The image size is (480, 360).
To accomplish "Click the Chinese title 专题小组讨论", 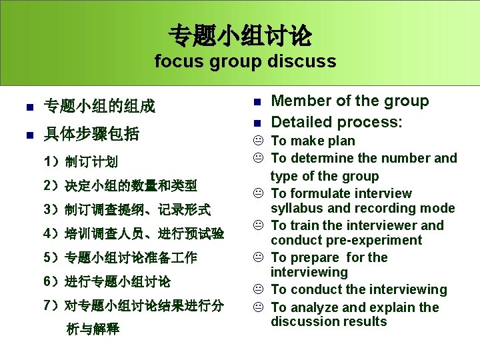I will click(x=240, y=35).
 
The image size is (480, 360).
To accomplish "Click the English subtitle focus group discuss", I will click(x=245, y=62).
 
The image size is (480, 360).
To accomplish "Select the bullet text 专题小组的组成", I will click(x=99, y=106).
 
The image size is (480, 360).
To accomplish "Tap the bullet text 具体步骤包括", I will click(x=91, y=134).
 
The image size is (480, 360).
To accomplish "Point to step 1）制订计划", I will click(x=81, y=161).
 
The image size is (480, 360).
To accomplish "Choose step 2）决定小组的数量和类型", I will click(x=120, y=185).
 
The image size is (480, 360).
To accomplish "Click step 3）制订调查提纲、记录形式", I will click(x=127, y=210).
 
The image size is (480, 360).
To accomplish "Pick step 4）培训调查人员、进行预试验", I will click(x=133, y=234).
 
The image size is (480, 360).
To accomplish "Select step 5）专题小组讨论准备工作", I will click(x=120, y=257).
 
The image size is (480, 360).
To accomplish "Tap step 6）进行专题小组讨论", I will click(x=107, y=281).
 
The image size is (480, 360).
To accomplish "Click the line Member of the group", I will click(x=350, y=101).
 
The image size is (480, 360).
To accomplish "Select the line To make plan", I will click(x=313, y=141).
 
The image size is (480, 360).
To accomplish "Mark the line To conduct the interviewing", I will click(x=359, y=289).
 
